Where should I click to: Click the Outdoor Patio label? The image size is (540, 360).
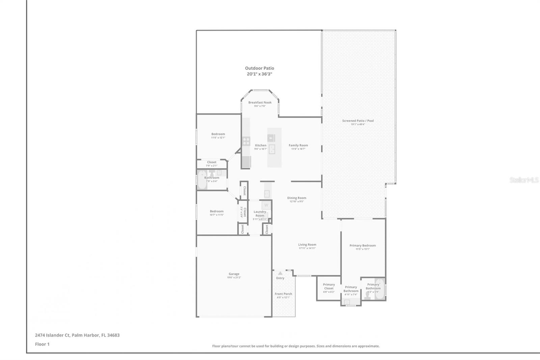(259, 68)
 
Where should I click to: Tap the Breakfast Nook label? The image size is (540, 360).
(260, 102)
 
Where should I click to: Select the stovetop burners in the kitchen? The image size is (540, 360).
(246, 141)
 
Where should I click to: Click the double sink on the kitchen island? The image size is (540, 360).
(272, 149)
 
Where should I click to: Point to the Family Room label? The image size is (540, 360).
(298, 145)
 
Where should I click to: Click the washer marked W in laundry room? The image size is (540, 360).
(266, 205)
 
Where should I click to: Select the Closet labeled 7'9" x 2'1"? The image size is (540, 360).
(212, 164)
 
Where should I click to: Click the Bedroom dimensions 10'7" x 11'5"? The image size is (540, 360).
(217, 215)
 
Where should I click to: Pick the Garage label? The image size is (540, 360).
(234, 274)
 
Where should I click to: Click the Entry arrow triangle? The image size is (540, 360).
(280, 273)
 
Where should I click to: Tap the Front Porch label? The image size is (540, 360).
(283, 294)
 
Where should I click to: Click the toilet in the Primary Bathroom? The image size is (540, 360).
(367, 296)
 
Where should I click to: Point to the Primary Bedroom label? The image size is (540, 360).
(362, 246)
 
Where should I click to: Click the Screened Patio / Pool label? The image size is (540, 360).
(358, 121)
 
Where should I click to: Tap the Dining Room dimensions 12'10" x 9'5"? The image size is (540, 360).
(297, 202)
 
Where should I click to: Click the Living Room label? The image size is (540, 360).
(307, 245)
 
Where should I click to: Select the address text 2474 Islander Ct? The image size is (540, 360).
(52, 335)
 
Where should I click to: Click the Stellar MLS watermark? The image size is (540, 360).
(524, 180)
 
